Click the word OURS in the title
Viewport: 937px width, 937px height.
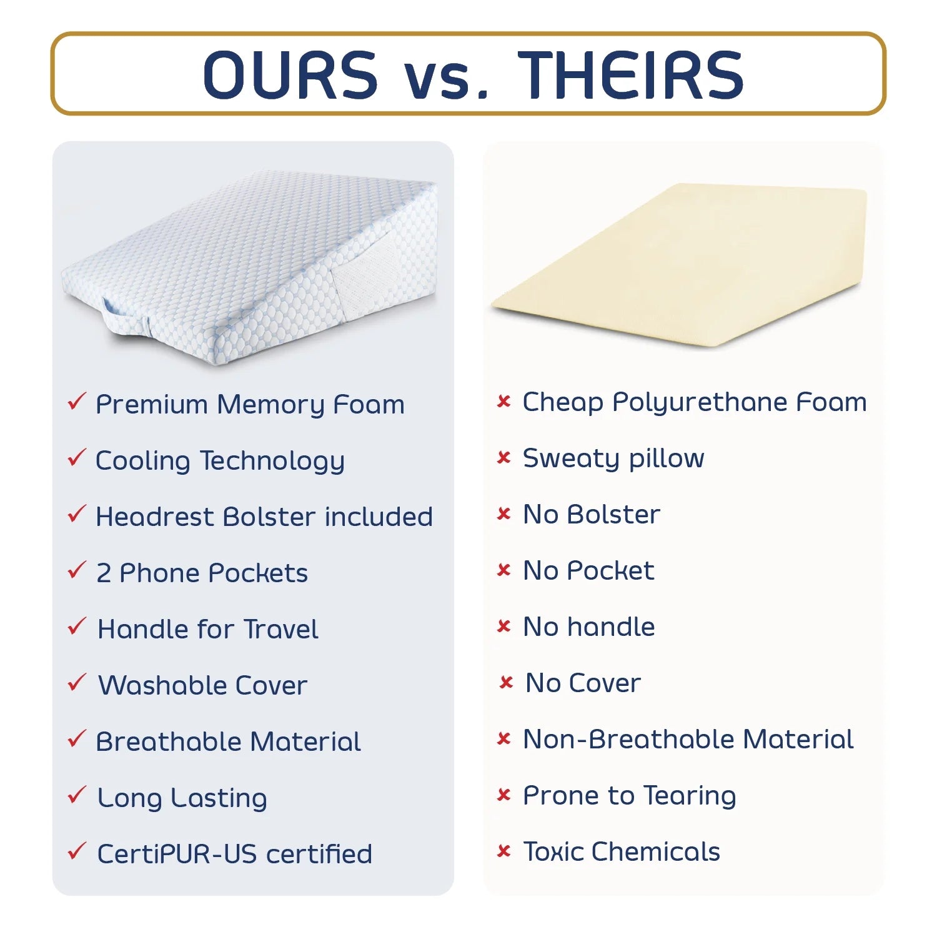click(290, 75)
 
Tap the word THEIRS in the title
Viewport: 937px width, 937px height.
click(631, 75)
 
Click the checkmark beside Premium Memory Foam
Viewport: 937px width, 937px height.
click(76, 402)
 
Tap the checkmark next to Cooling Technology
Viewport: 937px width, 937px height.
click(76, 458)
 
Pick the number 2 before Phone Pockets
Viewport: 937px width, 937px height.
click(103, 573)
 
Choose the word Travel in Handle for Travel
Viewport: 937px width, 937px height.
click(281, 629)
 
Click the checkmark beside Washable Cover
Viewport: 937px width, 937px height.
click(76, 683)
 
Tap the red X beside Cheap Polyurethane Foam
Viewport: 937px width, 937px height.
click(503, 401)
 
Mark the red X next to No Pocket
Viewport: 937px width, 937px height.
click(503, 570)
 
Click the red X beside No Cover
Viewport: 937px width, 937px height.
click(506, 682)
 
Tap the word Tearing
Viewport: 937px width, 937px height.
click(690, 796)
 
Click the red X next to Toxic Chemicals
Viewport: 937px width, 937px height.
click(503, 851)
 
